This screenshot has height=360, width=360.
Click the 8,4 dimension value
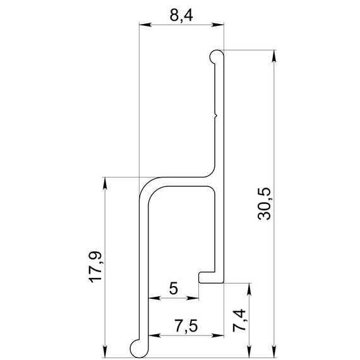[x=181, y=16]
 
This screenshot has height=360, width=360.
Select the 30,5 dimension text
[x=264, y=204]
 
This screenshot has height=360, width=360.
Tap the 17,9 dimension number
[x=95, y=267]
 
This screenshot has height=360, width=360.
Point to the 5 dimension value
[x=174, y=289]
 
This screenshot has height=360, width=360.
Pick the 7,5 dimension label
[x=186, y=326]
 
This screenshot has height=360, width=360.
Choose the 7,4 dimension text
[x=239, y=320]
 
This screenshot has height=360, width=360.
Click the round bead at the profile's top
[x=216, y=56]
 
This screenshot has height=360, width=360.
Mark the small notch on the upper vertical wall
[x=215, y=115]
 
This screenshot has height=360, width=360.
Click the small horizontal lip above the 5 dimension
[x=207, y=277]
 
